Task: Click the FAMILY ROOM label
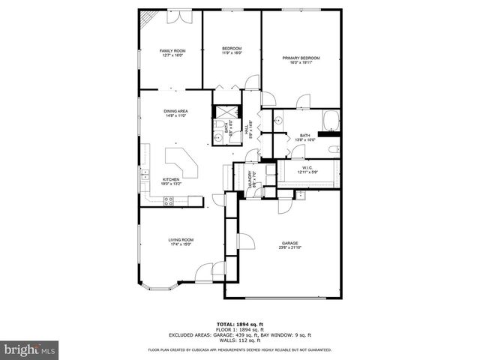(x=172, y=51)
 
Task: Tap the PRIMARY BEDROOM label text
(x=300, y=58)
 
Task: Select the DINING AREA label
(x=176, y=112)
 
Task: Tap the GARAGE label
(x=290, y=243)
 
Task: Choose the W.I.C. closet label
(x=307, y=167)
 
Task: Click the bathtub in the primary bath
(x=331, y=120)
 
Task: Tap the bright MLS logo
(x=29, y=349)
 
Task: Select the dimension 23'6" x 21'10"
(x=290, y=248)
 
